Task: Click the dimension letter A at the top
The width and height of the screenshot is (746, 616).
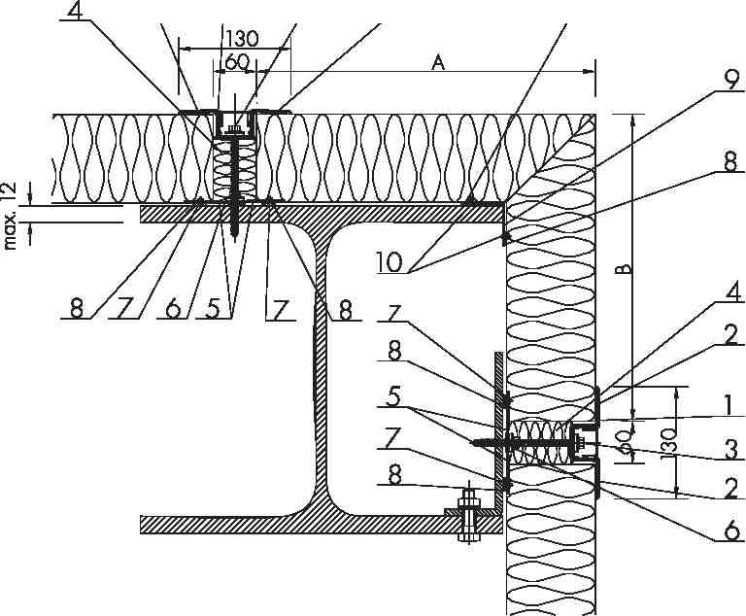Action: coord(438,62)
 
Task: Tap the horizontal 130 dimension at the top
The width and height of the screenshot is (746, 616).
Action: coord(241,38)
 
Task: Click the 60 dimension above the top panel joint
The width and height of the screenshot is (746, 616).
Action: coord(237,61)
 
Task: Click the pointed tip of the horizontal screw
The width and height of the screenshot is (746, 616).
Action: coord(472,443)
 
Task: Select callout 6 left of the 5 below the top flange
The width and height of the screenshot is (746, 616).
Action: coord(173,309)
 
